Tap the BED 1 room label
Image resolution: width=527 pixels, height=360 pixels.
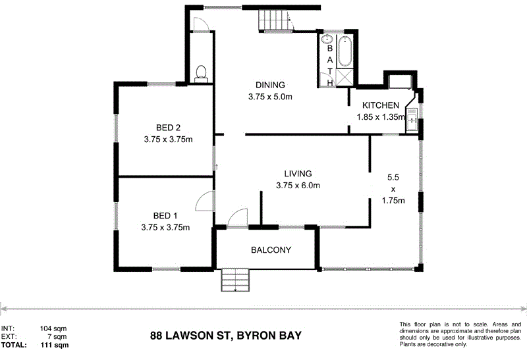(x=166, y=216)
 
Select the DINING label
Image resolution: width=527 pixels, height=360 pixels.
(x=270, y=85)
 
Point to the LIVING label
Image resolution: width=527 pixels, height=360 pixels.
(x=297, y=174)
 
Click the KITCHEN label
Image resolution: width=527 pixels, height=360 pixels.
(x=380, y=105)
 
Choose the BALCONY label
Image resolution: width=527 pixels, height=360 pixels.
(x=271, y=250)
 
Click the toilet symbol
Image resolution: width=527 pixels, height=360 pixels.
(x=202, y=72)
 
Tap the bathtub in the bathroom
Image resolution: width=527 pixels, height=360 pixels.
(x=345, y=51)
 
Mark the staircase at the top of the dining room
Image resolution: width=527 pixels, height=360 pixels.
(x=275, y=22)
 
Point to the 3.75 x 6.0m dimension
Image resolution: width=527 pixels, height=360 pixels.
(x=298, y=186)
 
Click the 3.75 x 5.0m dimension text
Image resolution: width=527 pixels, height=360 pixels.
(x=270, y=97)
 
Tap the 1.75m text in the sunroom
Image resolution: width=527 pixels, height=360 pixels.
(x=393, y=201)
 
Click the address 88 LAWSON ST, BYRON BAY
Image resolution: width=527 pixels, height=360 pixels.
(x=226, y=336)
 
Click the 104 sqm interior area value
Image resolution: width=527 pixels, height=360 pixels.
(x=53, y=328)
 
